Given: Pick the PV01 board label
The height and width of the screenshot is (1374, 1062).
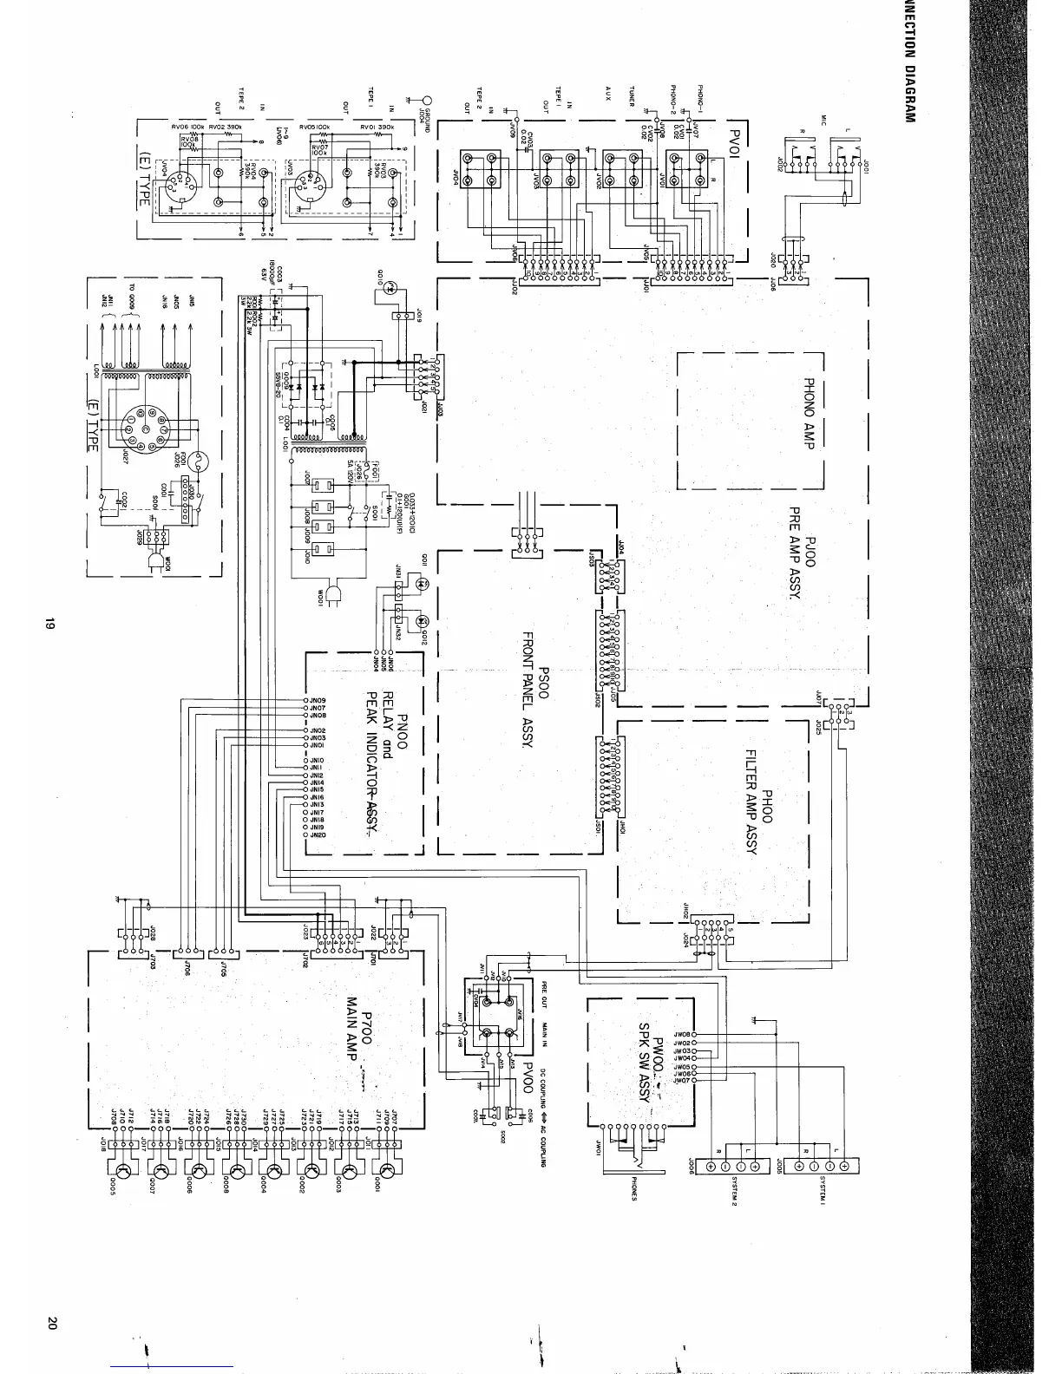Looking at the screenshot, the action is click(x=737, y=138).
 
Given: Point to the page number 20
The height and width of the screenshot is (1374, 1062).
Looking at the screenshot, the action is click(x=51, y=1324).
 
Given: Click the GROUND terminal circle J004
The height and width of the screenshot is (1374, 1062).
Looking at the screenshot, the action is click(x=427, y=99).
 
